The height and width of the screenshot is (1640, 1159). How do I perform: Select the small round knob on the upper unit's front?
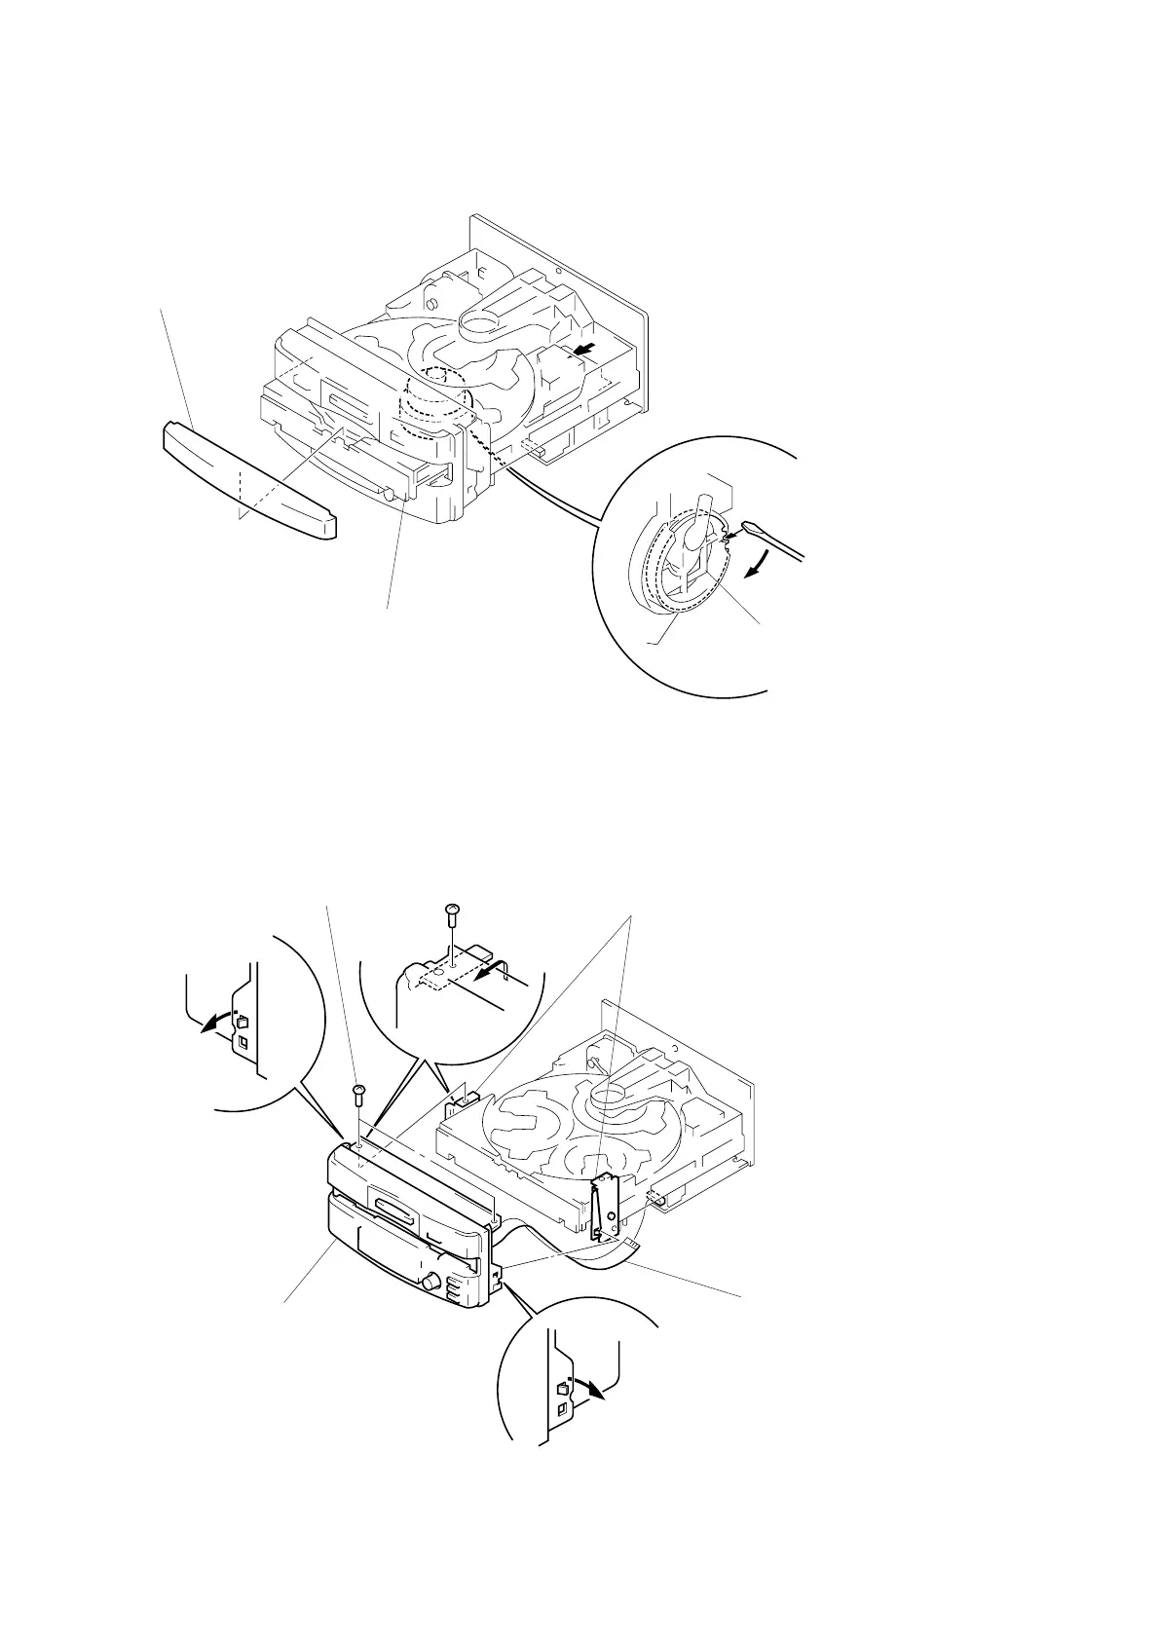390,495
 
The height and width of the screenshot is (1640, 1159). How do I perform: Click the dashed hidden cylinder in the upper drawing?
433,409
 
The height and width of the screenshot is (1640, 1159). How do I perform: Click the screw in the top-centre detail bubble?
451,912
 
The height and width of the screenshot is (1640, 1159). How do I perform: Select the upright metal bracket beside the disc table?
606,1208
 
